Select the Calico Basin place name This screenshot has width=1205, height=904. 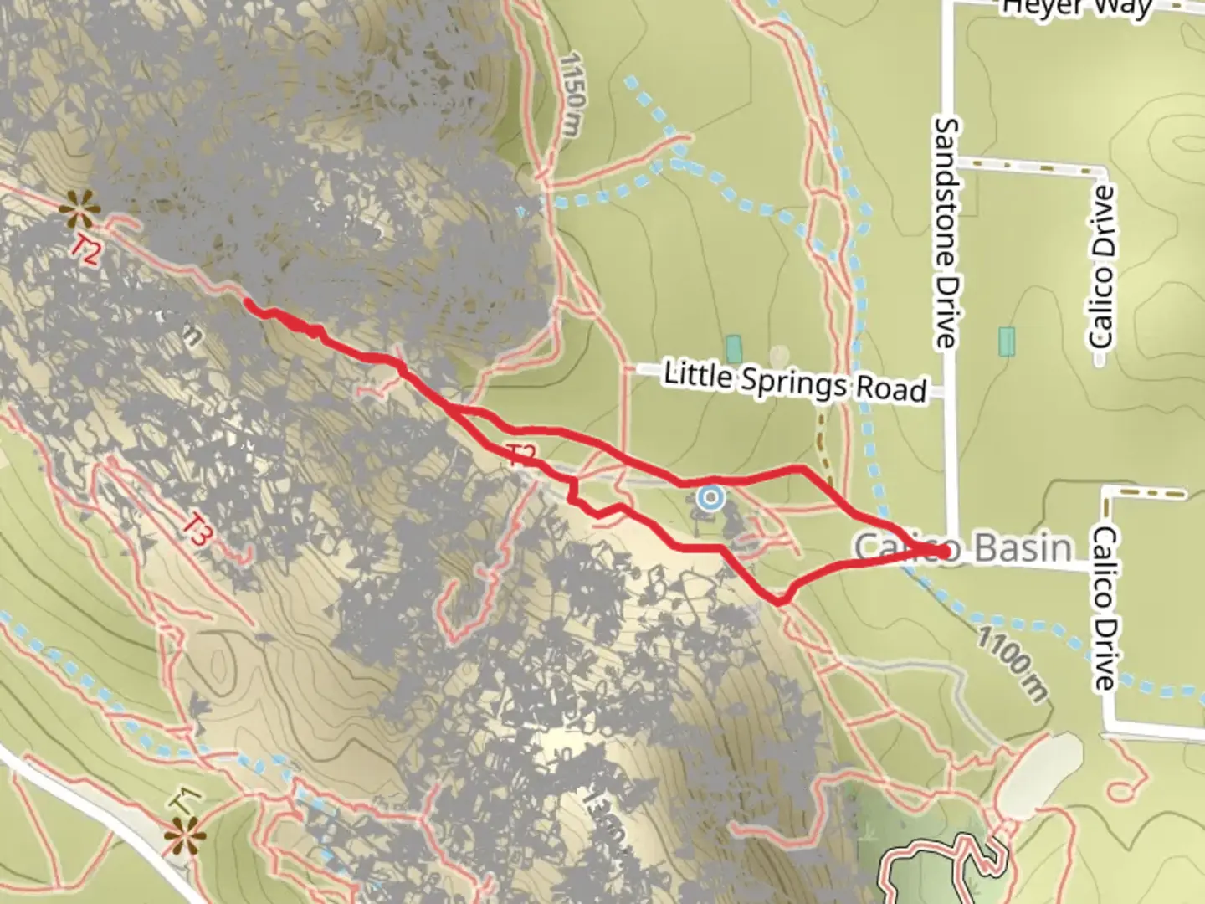962,548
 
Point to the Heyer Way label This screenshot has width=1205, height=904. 1077,8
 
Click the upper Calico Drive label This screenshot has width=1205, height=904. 1103,267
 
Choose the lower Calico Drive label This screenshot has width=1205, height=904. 1105,608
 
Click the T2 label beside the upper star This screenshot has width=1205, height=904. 86,250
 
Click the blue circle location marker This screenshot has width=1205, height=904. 711,499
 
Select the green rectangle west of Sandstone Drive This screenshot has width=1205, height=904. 734,349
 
